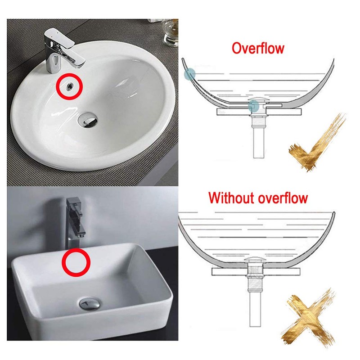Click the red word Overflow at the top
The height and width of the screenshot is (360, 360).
click(x=258, y=48)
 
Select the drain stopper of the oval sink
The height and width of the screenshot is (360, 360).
click(x=89, y=119)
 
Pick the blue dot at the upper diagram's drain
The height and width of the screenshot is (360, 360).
click(x=254, y=106)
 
